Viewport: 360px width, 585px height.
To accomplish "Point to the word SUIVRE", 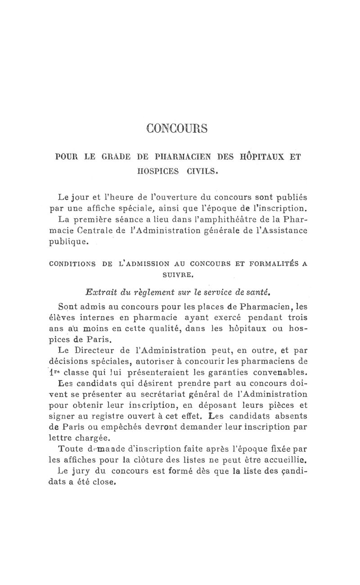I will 177,273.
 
